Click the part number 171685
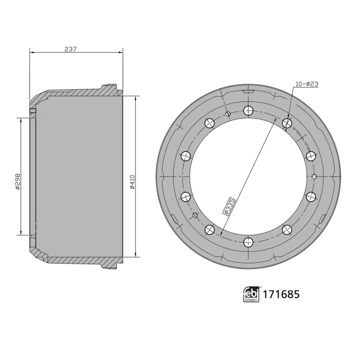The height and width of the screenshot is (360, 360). tap(281, 295)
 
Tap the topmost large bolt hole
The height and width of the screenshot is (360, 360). tap(248, 110)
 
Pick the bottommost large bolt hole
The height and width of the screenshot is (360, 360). tap(248, 243)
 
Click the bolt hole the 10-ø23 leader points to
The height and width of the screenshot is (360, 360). tap(287, 123)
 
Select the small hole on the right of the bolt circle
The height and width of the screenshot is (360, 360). tap(315, 176)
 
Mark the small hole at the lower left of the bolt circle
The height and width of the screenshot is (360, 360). tap(195, 216)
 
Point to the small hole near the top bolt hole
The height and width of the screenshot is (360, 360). tap(229, 114)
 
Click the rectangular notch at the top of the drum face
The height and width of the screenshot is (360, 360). tap(248, 92)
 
